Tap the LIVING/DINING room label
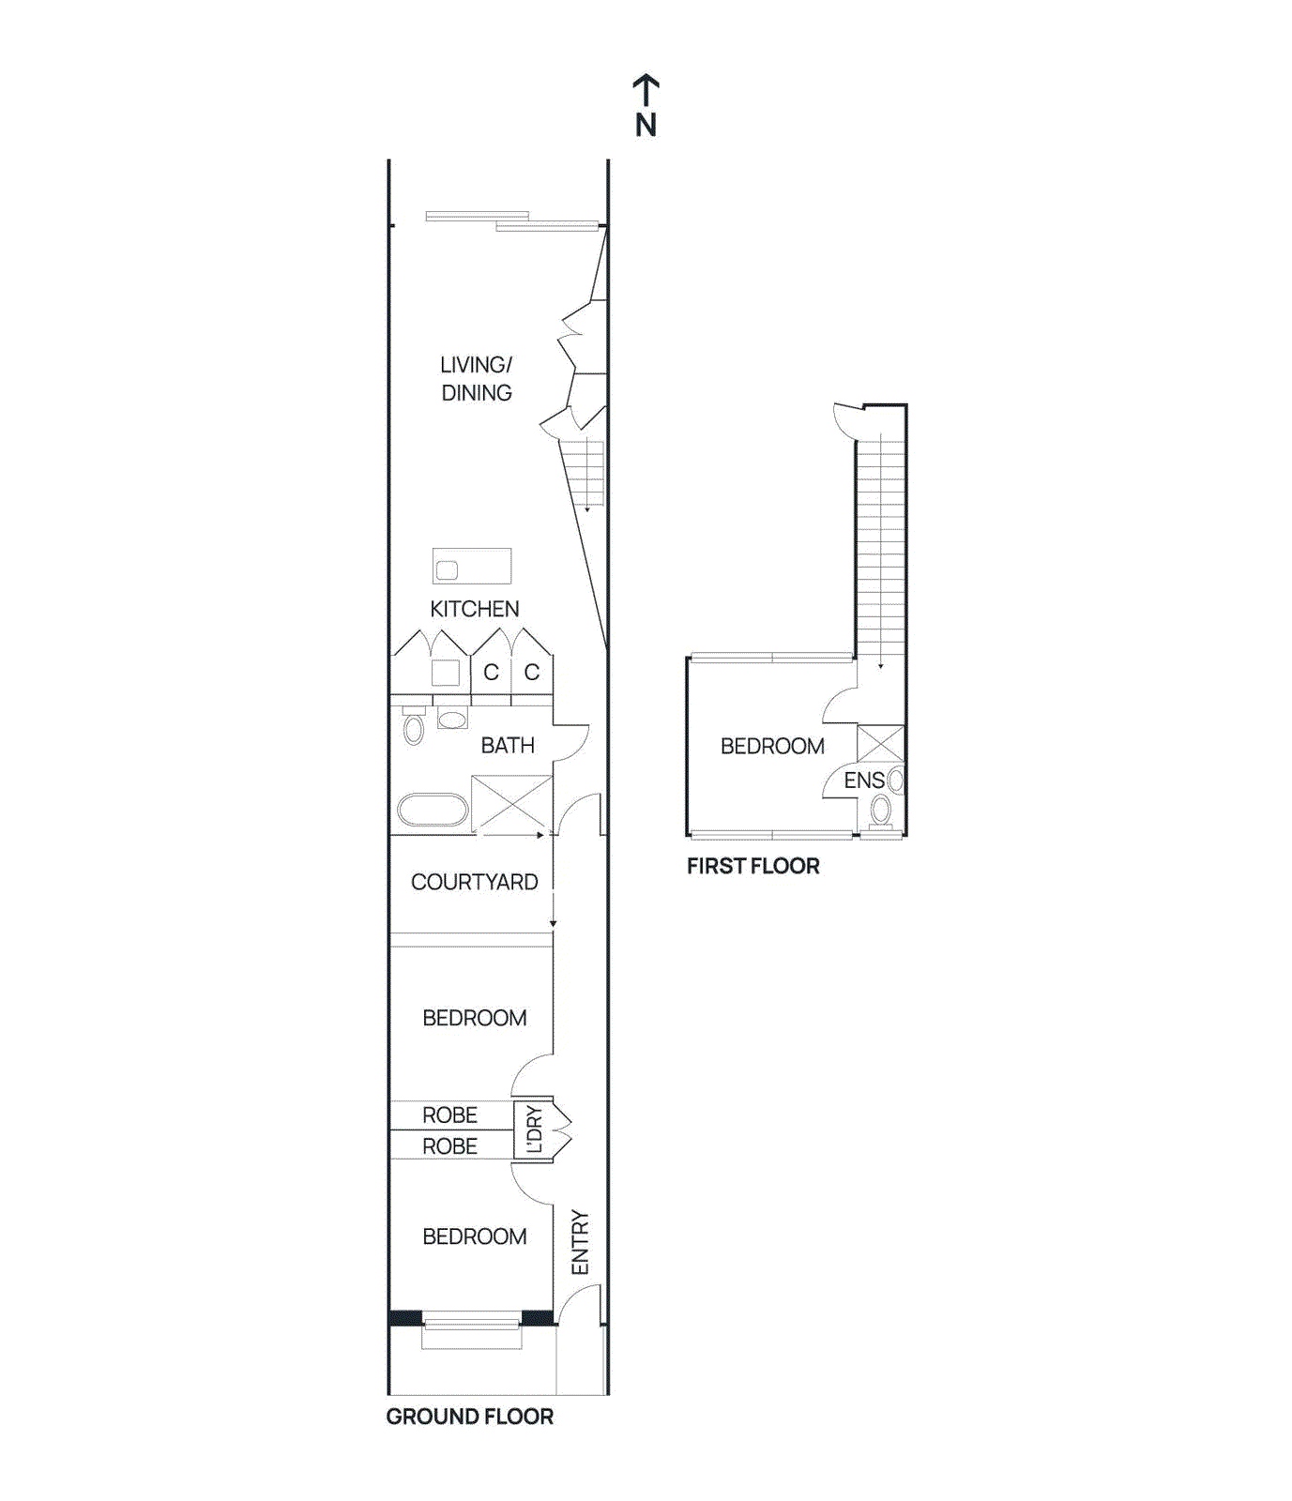click(477, 379)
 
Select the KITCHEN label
click(474, 609)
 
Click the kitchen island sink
click(448, 569)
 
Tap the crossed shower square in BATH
click(511, 803)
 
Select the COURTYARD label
click(474, 882)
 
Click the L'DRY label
click(534, 1129)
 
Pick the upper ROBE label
click(449, 1114)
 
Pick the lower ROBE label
click(449, 1145)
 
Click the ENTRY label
click(580, 1242)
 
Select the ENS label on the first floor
click(863, 780)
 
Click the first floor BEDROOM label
click(772, 746)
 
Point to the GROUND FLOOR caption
click(469, 1417)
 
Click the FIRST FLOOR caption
click(752, 866)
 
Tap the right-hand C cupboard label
click(532, 673)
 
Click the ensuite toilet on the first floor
click(880, 810)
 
